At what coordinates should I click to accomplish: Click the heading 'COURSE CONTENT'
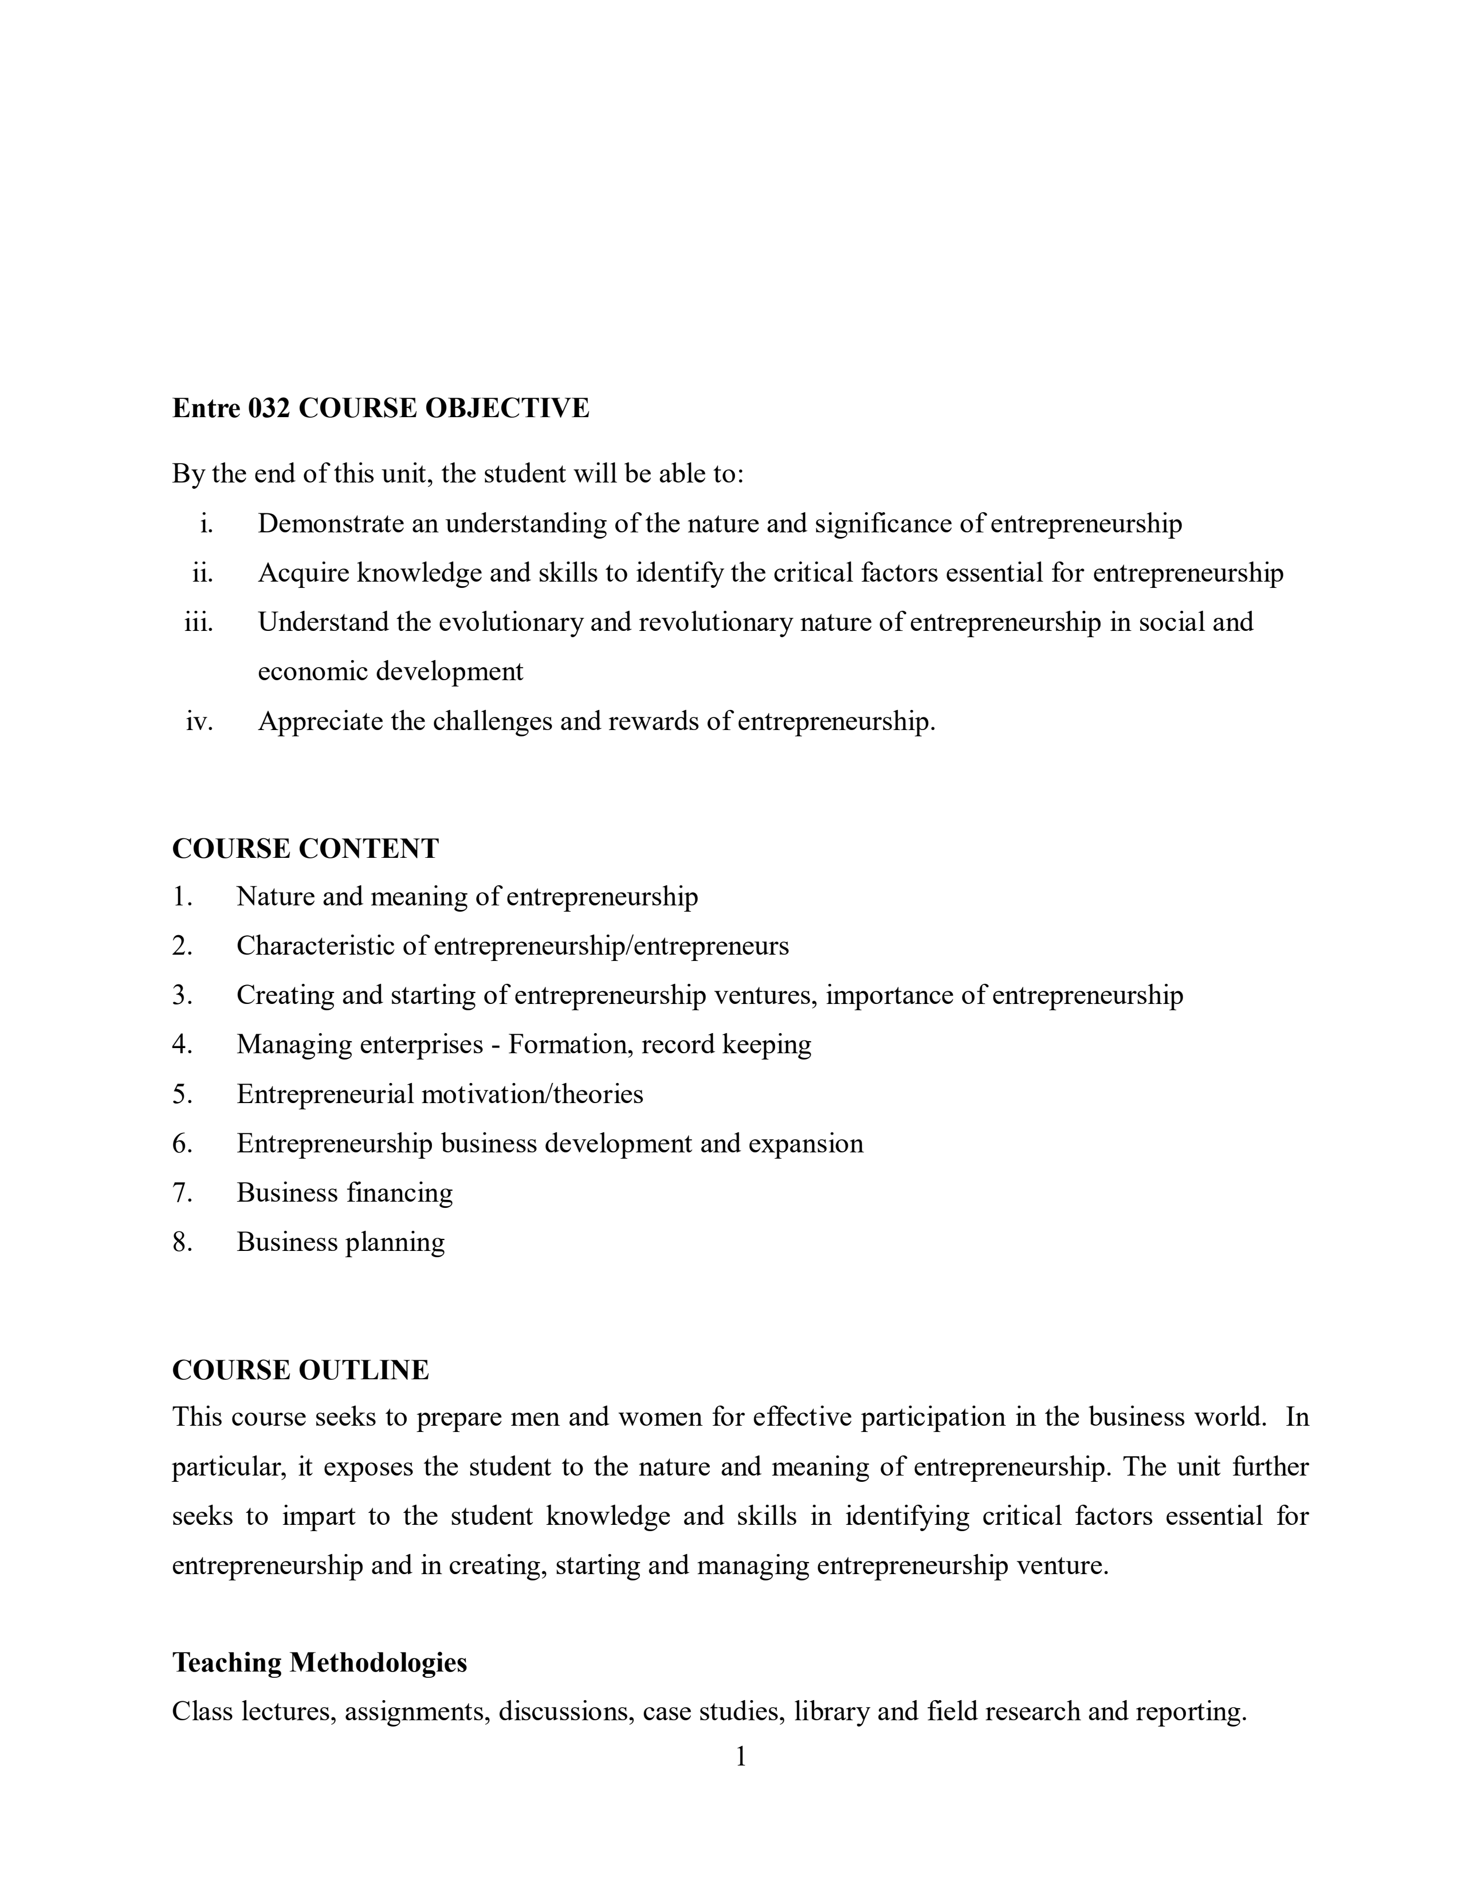click(305, 849)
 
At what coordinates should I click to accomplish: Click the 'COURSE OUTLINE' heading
click(300, 1370)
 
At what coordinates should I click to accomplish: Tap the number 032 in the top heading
click(269, 408)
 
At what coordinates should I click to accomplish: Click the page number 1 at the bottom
click(740, 1757)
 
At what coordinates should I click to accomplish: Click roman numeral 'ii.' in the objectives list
click(202, 573)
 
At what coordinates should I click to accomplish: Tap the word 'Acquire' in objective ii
click(304, 573)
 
